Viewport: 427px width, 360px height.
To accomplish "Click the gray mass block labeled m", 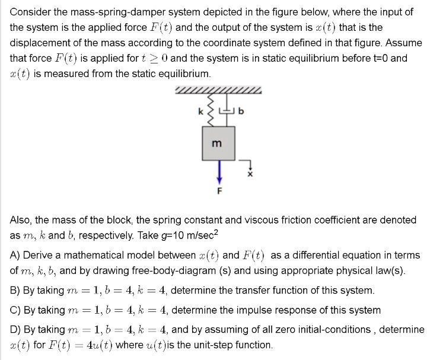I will coord(218,144).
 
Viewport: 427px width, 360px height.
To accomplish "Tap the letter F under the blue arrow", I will coord(218,191).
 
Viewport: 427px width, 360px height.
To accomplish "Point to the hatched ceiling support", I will coord(218,91).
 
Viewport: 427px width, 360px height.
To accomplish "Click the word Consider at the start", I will coord(30,12).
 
